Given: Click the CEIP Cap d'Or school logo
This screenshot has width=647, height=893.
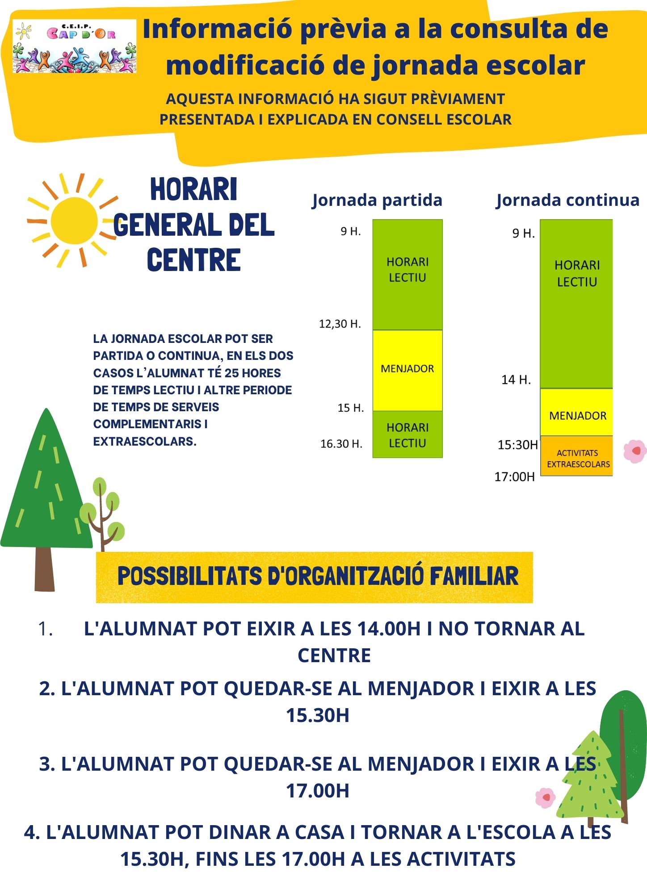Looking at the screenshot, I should [x=74, y=46].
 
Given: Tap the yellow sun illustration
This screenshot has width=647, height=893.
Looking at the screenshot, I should [x=74, y=221].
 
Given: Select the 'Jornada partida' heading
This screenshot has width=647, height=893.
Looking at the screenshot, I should [x=377, y=200].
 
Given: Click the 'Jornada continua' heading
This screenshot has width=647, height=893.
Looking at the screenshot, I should [x=567, y=200].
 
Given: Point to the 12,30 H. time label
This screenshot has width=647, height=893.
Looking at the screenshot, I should [x=340, y=324].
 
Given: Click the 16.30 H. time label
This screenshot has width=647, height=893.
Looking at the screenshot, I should [x=341, y=444].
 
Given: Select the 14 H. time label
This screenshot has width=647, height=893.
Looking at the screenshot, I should [x=516, y=380].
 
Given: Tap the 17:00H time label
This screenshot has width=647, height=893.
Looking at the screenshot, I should [x=514, y=477].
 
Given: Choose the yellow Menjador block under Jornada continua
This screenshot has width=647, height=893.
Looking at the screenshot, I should [x=576, y=412].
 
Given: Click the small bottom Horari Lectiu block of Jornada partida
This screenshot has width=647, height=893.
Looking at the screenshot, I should [x=407, y=434].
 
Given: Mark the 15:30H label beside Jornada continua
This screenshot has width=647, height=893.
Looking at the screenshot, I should [x=517, y=445].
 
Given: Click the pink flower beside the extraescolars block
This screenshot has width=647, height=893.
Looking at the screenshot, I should [x=635, y=451].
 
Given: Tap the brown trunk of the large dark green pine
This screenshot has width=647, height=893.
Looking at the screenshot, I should [x=45, y=569].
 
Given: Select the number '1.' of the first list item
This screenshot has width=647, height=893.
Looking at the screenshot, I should [x=46, y=629].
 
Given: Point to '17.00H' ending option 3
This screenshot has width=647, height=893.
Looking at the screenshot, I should [x=318, y=791].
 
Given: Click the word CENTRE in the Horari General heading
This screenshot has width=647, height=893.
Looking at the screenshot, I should [x=194, y=260].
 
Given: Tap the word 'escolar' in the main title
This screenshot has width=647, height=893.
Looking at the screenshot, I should [x=535, y=65].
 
